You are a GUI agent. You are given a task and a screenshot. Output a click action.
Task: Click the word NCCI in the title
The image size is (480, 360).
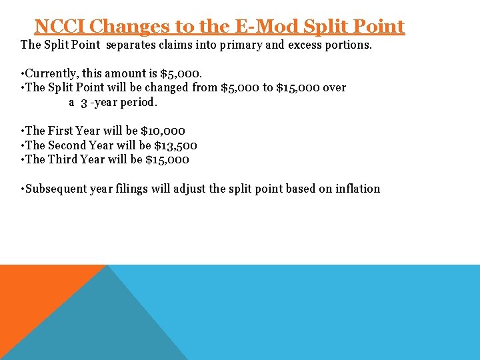59,27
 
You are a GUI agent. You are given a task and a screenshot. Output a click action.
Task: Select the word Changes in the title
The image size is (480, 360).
128,27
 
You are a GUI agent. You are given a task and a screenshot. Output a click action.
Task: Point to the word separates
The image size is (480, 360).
133,45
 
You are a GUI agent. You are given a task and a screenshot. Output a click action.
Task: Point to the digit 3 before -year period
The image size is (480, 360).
84,103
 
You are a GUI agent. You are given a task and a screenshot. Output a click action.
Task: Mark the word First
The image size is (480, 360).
60,131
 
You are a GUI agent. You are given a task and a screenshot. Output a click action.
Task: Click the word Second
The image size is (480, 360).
67,145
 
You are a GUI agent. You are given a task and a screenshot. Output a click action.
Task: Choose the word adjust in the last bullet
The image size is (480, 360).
189,189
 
